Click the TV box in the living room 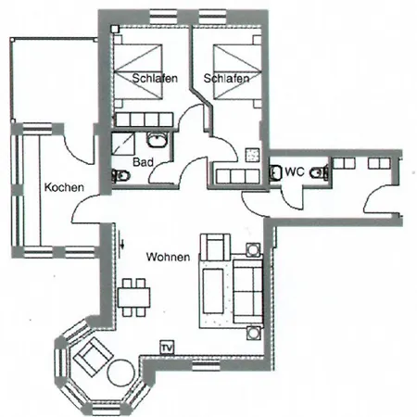click(x=167, y=347)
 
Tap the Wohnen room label click(x=168, y=257)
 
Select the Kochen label click(x=64, y=187)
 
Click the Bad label click(x=143, y=162)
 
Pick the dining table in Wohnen click(x=133, y=297)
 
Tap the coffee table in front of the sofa click(x=213, y=291)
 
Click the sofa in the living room click(x=248, y=291)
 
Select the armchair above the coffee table click(x=215, y=247)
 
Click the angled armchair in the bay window click(x=92, y=357)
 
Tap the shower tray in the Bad click(x=123, y=144)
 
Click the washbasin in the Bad click(x=158, y=140)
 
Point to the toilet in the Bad click(x=121, y=176)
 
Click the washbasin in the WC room click(x=275, y=172)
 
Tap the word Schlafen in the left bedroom click(x=155, y=78)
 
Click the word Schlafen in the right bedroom click(x=226, y=78)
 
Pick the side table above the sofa click(x=253, y=249)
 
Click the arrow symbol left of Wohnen click(x=122, y=245)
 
